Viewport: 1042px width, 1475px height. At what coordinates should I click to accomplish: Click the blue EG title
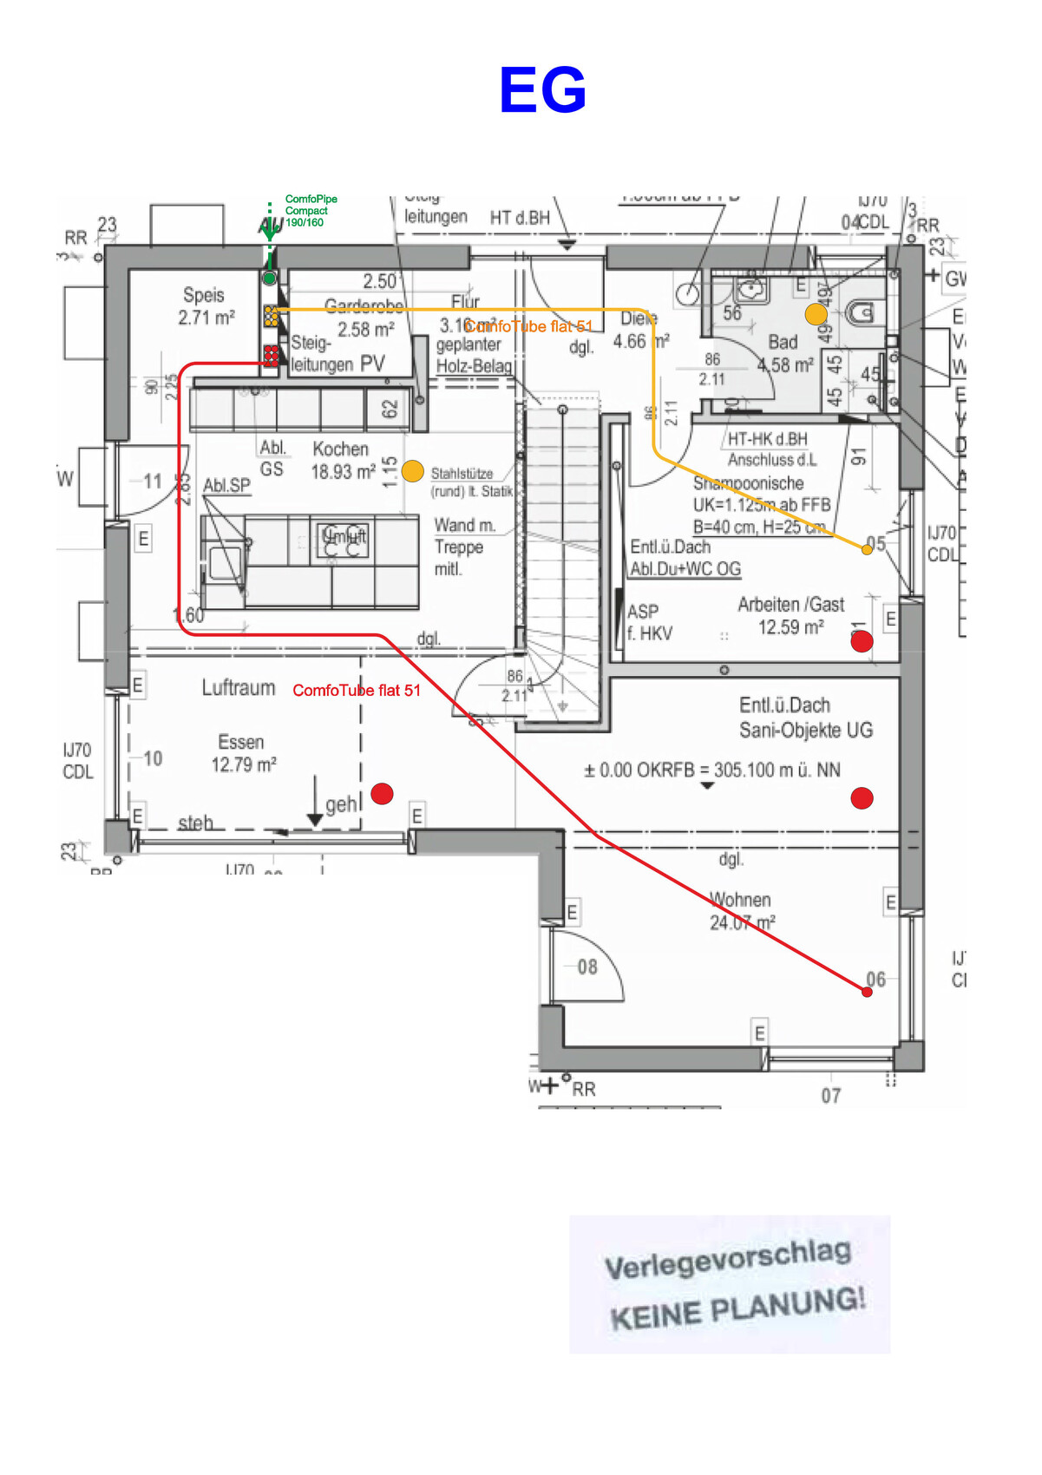[x=542, y=90]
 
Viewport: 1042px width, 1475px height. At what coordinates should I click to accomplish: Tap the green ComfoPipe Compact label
[x=310, y=211]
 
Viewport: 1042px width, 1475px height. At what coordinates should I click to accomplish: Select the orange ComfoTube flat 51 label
[x=528, y=326]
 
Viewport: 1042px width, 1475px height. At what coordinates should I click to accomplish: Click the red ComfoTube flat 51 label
[x=356, y=691]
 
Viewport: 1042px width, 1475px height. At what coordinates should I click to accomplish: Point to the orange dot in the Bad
[x=816, y=314]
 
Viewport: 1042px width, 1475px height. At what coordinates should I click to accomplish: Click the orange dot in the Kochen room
[x=413, y=470]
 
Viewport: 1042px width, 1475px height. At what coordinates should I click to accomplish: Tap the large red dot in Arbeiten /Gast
[x=862, y=641]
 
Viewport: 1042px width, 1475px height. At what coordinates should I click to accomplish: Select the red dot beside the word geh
[x=382, y=793]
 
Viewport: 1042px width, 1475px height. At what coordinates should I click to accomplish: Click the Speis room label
[x=204, y=296]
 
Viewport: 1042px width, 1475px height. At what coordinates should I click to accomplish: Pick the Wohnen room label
[x=740, y=900]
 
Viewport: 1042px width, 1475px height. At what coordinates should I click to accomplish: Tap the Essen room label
[x=241, y=743]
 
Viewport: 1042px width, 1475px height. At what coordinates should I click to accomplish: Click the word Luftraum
[x=239, y=688]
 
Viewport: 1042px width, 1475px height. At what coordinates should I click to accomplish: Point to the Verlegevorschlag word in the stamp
[x=727, y=1259]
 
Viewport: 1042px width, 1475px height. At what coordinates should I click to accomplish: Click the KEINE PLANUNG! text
[x=737, y=1308]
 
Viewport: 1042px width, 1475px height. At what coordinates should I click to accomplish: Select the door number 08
[x=587, y=967]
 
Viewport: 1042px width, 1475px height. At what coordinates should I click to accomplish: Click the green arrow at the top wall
[x=270, y=228]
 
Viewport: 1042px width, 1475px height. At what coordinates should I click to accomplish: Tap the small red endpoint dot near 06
[x=867, y=992]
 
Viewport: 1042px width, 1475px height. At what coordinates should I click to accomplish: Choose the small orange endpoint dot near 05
[x=867, y=549]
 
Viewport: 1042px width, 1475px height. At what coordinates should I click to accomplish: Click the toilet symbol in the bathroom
[x=861, y=312]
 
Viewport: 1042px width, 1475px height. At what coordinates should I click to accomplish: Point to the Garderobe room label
[x=364, y=305]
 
